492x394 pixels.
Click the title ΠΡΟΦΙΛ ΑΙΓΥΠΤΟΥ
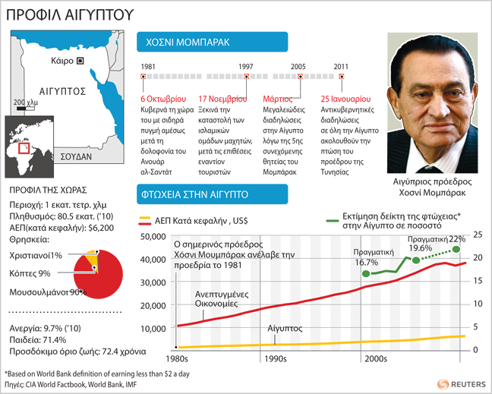point(61,14)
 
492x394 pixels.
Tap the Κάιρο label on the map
point(61,59)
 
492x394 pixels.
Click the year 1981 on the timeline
point(149,66)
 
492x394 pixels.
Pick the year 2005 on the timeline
point(299,66)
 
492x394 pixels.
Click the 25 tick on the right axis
point(475,235)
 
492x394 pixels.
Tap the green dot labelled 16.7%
point(369,273)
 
